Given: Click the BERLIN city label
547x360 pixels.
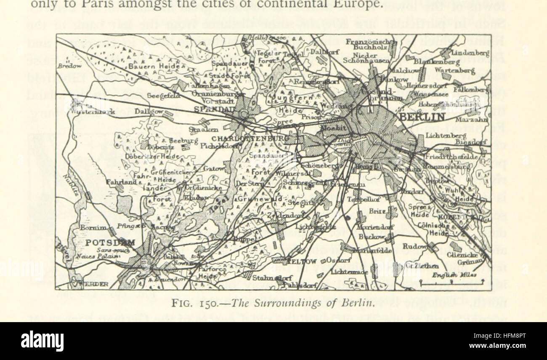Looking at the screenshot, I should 422,117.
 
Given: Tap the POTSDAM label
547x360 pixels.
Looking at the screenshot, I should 110,243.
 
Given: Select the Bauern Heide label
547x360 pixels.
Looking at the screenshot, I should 149,67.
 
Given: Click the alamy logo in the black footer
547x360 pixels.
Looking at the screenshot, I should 42,341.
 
